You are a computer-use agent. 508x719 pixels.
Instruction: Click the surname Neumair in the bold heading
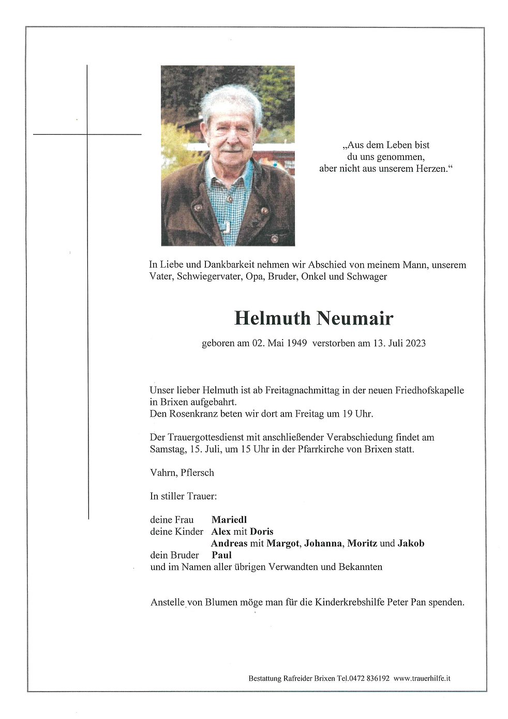coord(355,318)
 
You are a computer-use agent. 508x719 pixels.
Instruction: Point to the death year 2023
coord(415,343)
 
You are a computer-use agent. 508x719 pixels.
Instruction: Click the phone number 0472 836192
coord(368,678)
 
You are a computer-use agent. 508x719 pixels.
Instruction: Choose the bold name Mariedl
coord(229,519)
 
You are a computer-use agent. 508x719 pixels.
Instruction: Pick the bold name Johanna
coord(323,543)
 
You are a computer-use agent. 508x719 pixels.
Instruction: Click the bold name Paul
coord(221,555)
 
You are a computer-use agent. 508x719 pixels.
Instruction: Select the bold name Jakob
coord(411,543)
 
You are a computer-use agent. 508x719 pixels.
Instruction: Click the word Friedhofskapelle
coord(424,390)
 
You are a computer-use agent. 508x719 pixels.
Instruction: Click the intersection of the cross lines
coord(87,135)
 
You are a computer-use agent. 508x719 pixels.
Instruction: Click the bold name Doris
coord(261,531)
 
